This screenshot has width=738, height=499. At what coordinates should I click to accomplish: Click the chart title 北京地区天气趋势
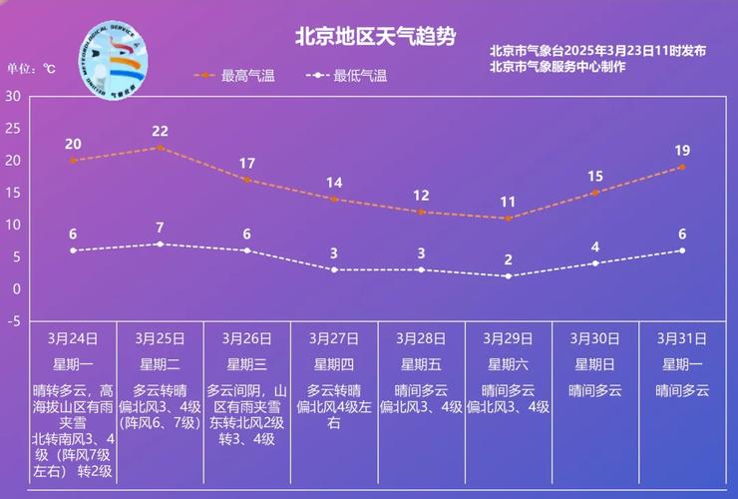(x=375, y=37)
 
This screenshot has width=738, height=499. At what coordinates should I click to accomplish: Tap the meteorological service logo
(x=112, y=57)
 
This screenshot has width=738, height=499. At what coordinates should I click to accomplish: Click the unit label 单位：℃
(x=33, y=69)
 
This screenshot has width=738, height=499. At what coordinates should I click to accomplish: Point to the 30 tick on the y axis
(x=13, y=96)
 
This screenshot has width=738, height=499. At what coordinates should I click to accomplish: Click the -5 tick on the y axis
(x=13, y=321)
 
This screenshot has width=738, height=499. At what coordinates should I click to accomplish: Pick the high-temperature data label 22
(x=160, y=131)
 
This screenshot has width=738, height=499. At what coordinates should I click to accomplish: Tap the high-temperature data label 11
(x=508, y=202)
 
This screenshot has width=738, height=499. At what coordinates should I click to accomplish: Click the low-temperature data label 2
(x=508, y=259)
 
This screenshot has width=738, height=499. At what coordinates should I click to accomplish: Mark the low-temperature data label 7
(x=160, y=228)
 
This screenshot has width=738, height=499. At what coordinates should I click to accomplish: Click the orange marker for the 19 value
(x=682, y=167)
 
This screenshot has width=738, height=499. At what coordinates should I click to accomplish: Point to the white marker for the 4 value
(x=595, y=263)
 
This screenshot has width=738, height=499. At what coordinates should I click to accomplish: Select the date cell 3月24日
(x=73, y=338)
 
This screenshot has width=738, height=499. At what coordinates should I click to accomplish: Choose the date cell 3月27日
(x=334, y=338)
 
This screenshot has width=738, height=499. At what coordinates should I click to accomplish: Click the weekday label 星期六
(x=508, y=364)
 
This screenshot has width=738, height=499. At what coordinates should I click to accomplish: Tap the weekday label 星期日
(x=595, y=364)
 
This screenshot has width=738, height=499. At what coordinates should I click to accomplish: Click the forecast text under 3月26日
(x=247, y=414)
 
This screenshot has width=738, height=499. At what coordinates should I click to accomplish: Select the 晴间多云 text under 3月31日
(x=682, y=390)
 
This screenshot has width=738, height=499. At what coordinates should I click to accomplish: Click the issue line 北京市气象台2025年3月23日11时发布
(x=597, y=51)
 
